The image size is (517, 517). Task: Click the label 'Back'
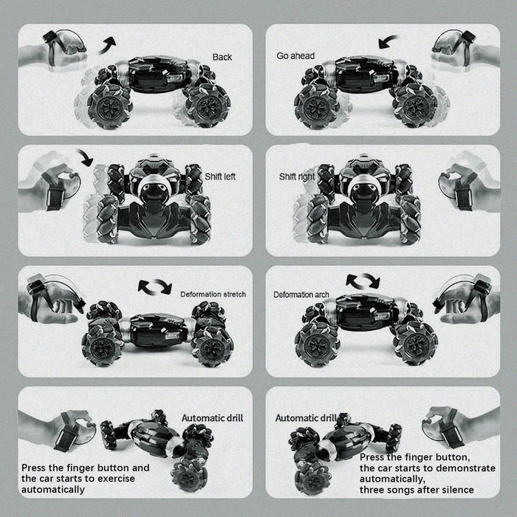click(x=222, y=57)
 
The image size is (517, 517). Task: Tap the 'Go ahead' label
click(x=295, y=56)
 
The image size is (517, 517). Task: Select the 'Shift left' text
click(x=220, y=177)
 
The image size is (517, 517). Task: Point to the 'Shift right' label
click(x=297, y=177)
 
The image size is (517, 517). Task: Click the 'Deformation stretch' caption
click(x=213, y=294)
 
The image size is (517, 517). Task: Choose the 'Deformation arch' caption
click(x=301, y=295)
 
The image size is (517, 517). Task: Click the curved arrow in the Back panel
click(x=108, y=45)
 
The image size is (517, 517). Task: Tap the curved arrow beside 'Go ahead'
click(x=388, y=41)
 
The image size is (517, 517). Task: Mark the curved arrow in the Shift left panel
click(x=85, y=157)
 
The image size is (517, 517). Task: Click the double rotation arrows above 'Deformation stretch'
click(x=155, y=287)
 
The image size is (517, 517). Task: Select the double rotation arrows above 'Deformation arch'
click(x=363, y=281)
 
